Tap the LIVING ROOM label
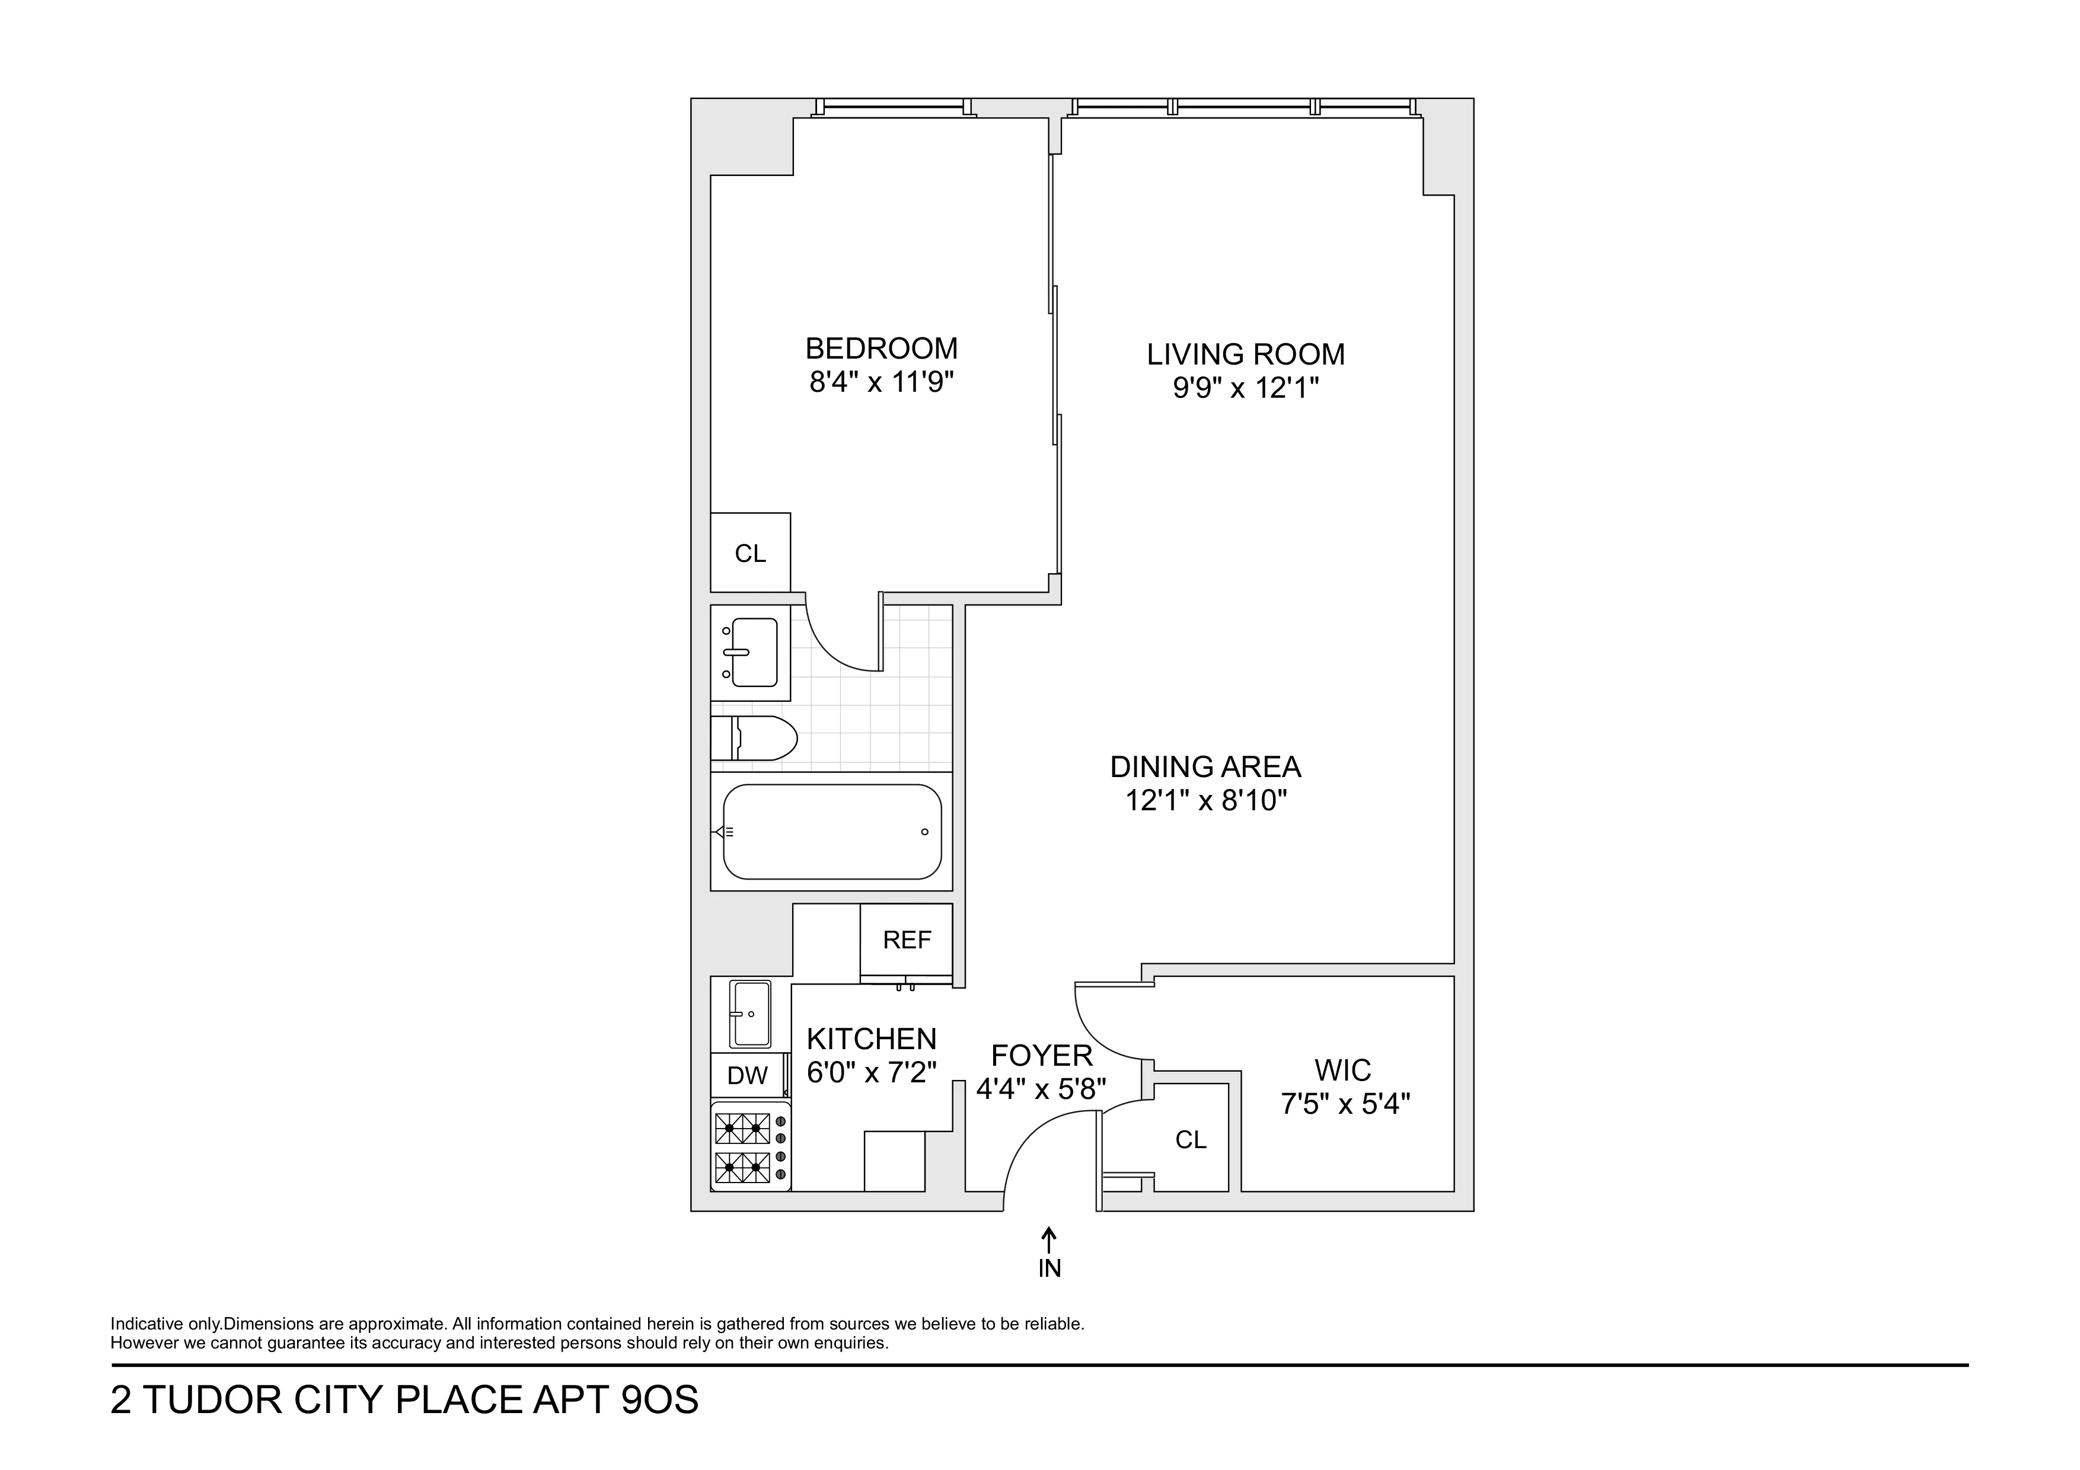[x=1246, y=354]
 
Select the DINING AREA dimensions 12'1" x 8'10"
[x=1206, y=801]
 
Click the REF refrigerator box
[x=906, y=940]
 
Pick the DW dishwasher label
[x=747, y=1075]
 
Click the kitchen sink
[x=750, y=1014]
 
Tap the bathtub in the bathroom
[x=832, y=832]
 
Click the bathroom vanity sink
[x=751, y=652]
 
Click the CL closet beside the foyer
[x=1191, y=1139]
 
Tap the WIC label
[x=1342, y=1070]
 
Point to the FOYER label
[x=1042, y=1055]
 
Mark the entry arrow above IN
[x=1049, y=1238]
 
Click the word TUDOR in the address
[x=212, y=1400]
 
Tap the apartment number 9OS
[x=659, y=1400]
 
